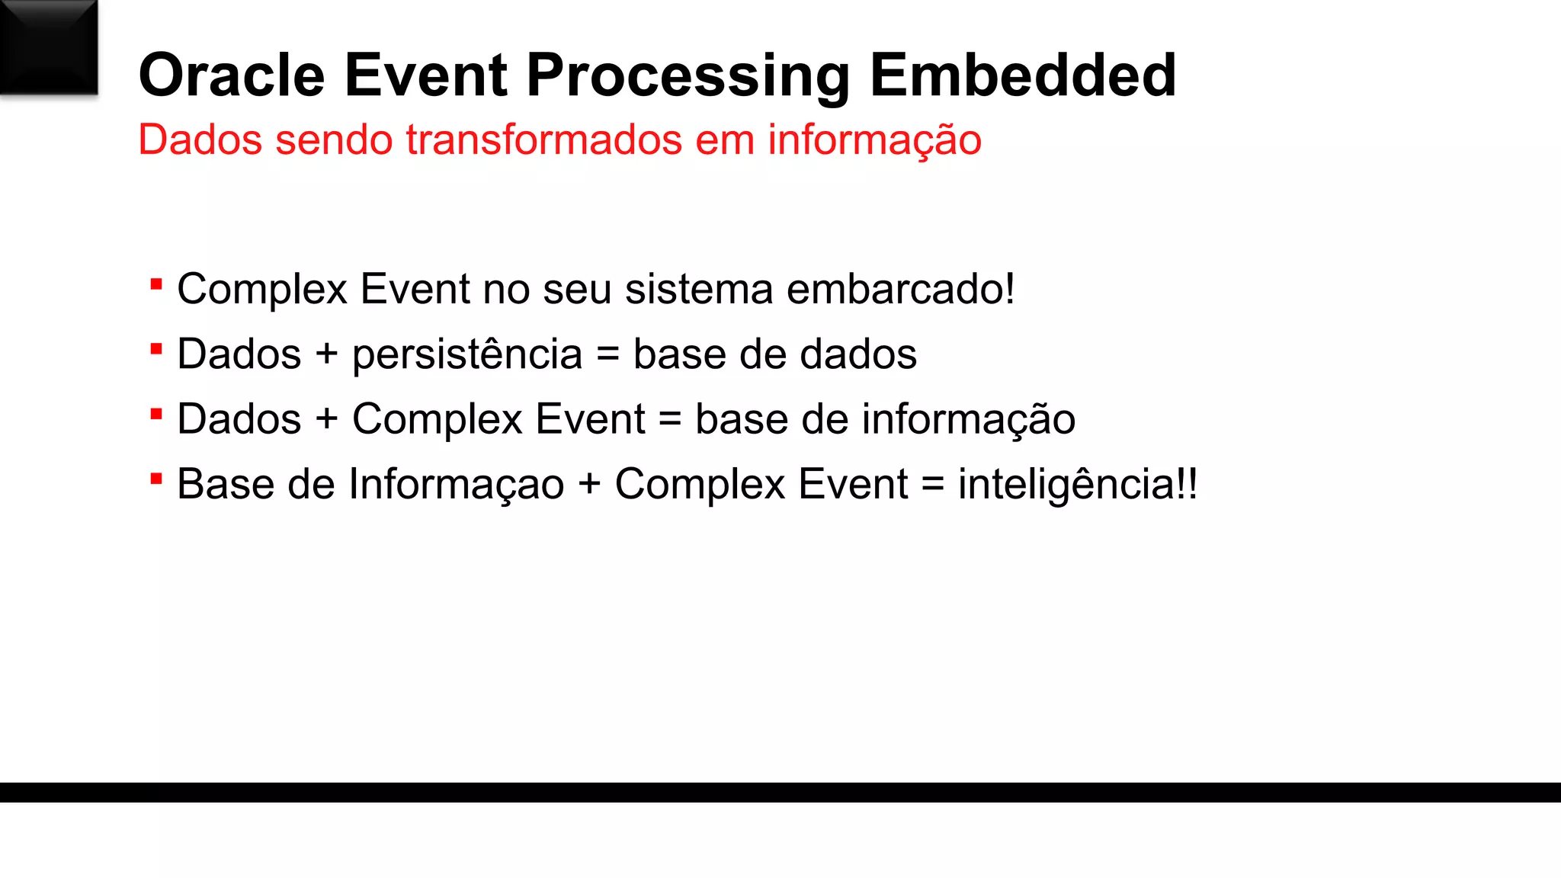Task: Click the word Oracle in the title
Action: pyautogui.click(x=232, y=75)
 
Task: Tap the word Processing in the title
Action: pyautogui.click(x=688, y=77)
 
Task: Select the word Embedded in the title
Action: pyautogui.click(x=1023, y=75)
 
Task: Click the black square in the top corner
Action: pyautogui.click(x=49, y=47)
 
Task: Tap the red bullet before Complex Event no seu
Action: pyautogui.click(x=156, y=285)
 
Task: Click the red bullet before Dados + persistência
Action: pyautogui.click(x=156, y=350)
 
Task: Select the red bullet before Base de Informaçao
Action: pyautogui.click(x=156, y=479)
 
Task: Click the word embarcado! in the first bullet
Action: pyautogui.click(x=900, y=289)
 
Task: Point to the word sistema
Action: pyautogui.click(x=699, y=289)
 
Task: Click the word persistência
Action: pyautogui.click(x=467, y=355)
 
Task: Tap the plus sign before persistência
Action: pyautogui.click(x=326, y=355)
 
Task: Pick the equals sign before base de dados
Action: pyautogui.click(x=607, y=355)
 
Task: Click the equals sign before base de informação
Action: pyautogui.click(x=670, y=420)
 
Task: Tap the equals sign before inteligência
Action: pyautogui.click(x=933, y=485)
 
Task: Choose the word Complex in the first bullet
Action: pyautogui.click(x=262, y=290)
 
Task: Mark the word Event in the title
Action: pyautogui.click(x=425, y=75)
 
